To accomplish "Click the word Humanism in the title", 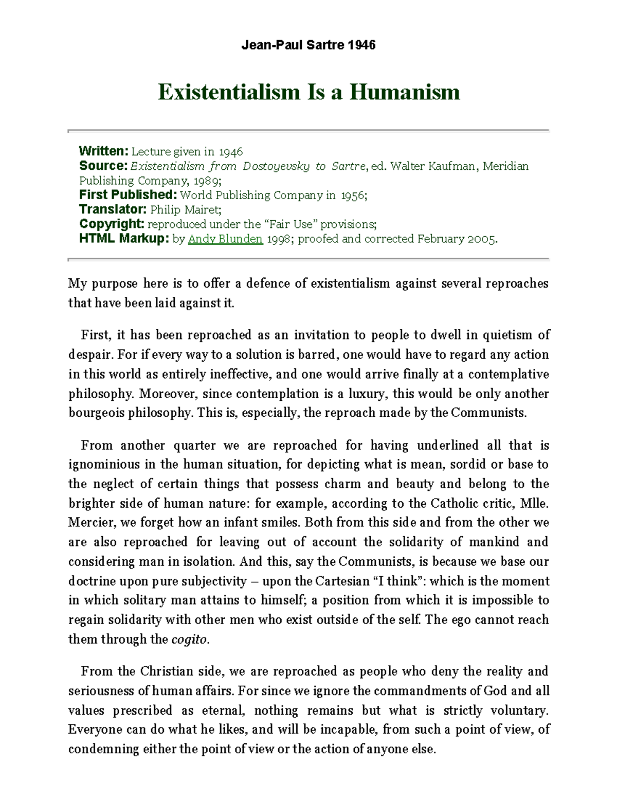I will coord(405,92).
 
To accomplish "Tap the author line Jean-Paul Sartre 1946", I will coord(308,45).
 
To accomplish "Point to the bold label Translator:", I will coord(113,209).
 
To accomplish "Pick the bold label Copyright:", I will coord(112,224).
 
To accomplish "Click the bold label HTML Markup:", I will coord(124,239).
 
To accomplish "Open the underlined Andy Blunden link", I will coord(225,239).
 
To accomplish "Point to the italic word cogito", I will coord(189,640).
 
